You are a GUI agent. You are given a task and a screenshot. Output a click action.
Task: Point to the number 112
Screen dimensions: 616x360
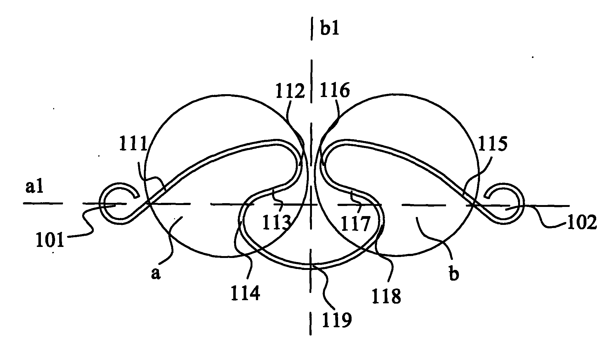290,92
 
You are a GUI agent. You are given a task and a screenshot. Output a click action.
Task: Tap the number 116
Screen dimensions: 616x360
334,91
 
